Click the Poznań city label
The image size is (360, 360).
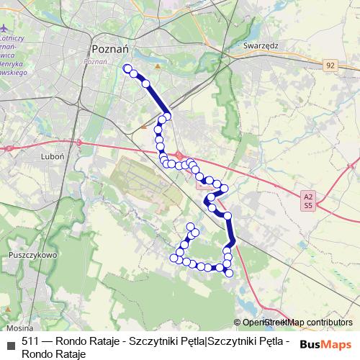[109, 48]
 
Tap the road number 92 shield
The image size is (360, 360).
[330, 65]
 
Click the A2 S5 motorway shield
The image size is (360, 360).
[308, 200]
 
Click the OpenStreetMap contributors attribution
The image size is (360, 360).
[297, 322]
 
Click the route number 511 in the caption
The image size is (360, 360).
[31, 341]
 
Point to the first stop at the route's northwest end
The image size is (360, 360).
[127, 68]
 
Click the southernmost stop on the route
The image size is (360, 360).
[229, 273]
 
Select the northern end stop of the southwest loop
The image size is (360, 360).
[192, 227]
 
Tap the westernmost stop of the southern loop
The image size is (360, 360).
[173, 257]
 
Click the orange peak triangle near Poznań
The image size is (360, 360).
[157, 67]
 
